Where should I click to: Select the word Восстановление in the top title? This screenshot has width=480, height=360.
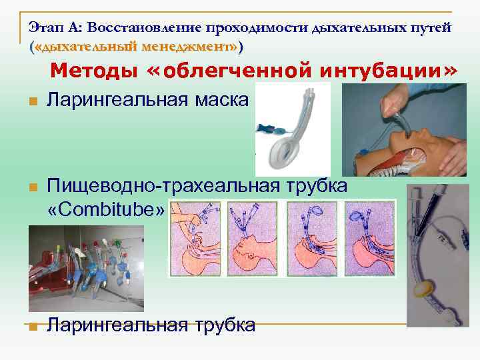coord(144,28)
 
